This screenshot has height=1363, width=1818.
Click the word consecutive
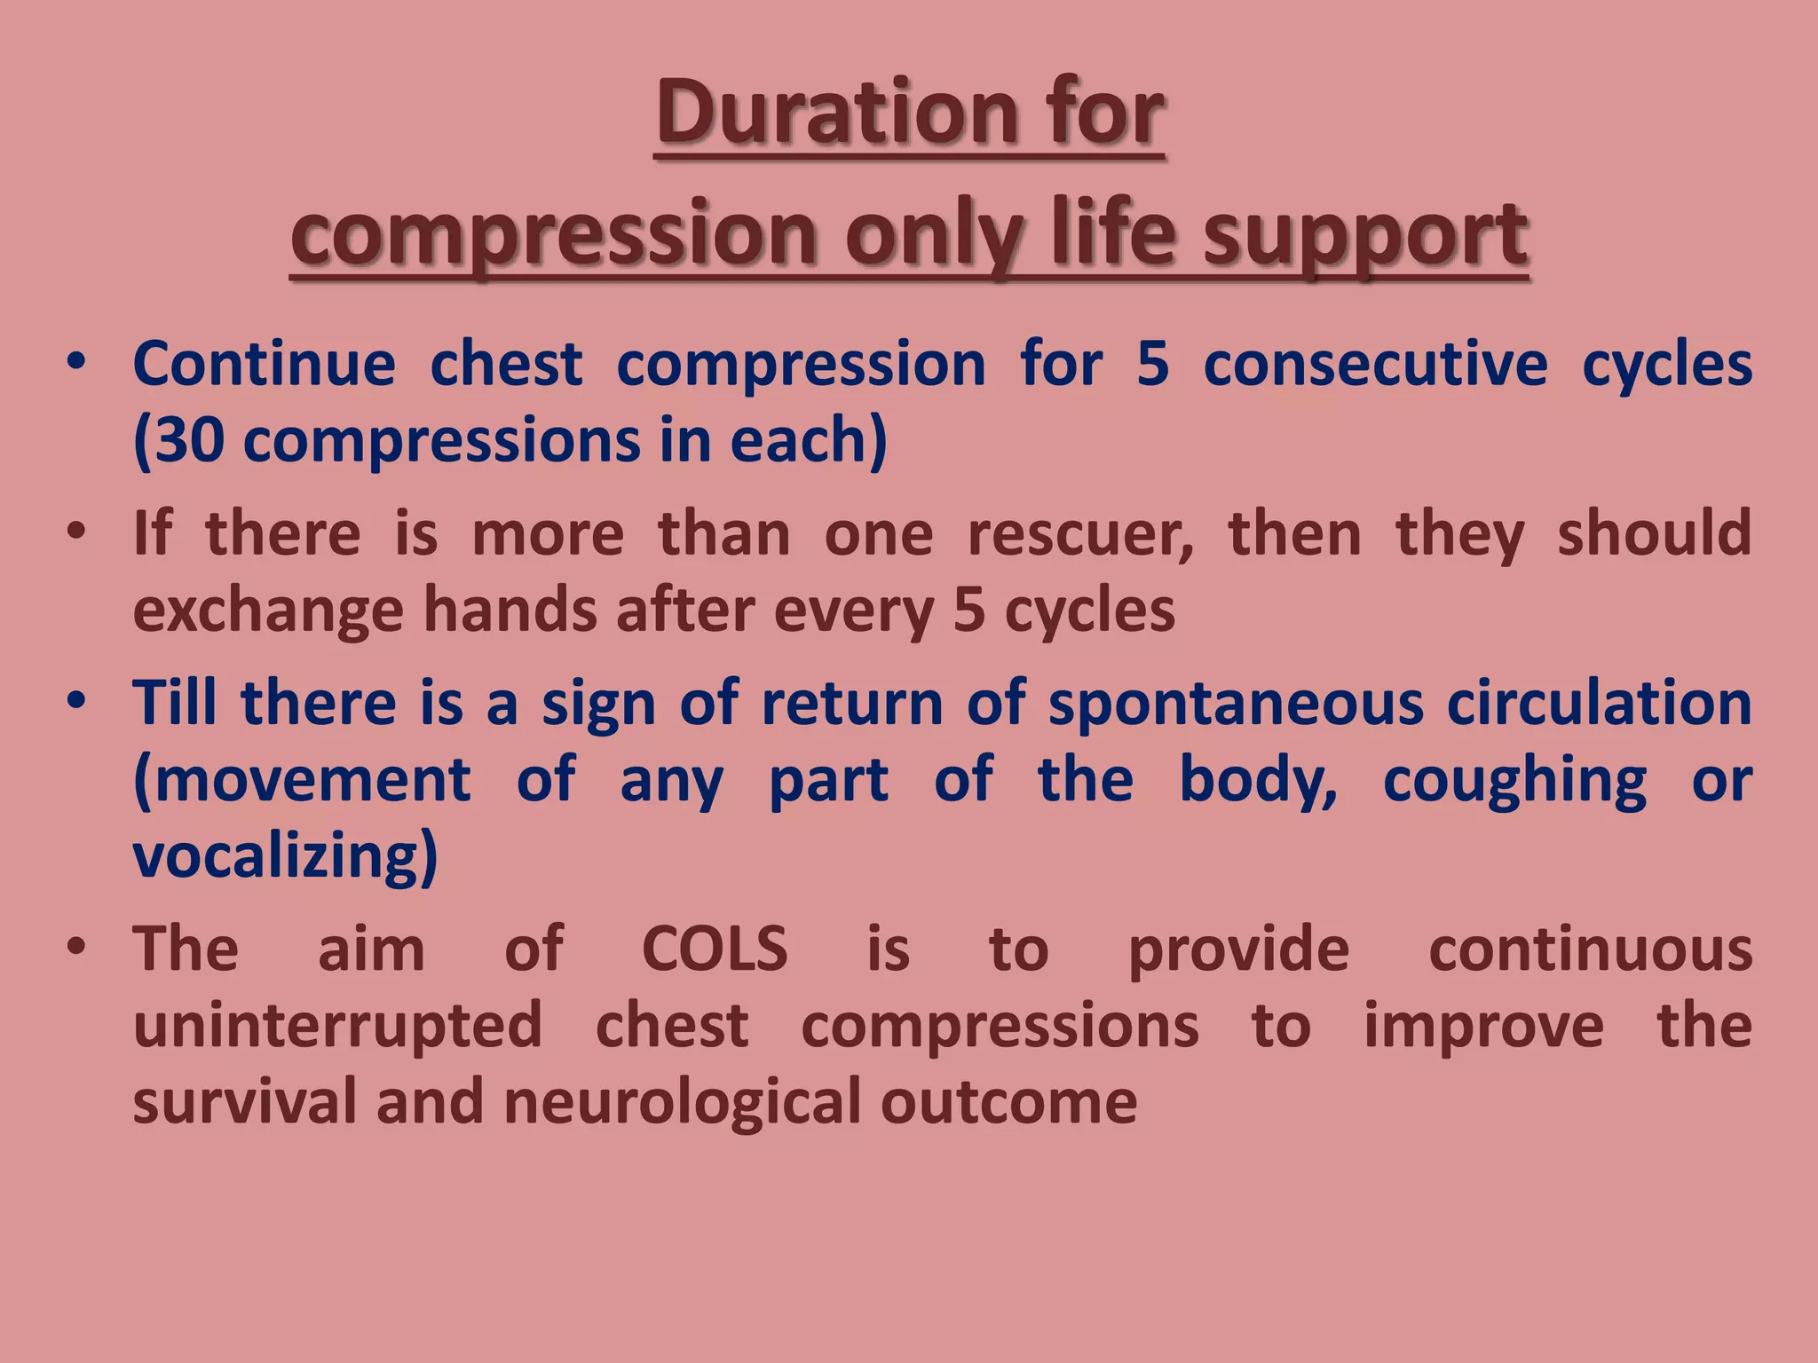pyautogui.click(x=1375, y=365)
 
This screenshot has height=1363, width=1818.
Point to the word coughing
pyautogui.click(x=1514, y=782)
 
